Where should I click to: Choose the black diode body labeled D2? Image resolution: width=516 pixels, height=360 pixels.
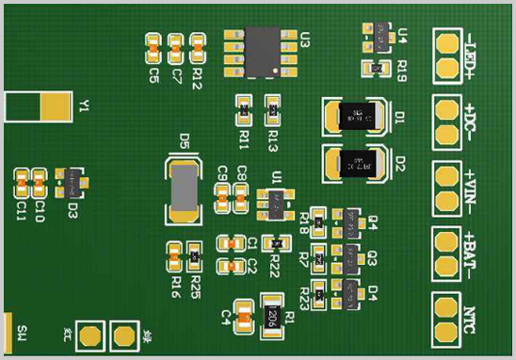[356, 164]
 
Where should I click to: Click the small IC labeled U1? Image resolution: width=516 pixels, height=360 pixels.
[277, 201]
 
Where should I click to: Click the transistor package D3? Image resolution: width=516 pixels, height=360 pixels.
[71, 178]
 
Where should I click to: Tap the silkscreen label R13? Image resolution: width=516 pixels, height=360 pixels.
[273, 140]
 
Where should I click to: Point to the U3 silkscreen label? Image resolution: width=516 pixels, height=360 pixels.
[305, 39]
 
